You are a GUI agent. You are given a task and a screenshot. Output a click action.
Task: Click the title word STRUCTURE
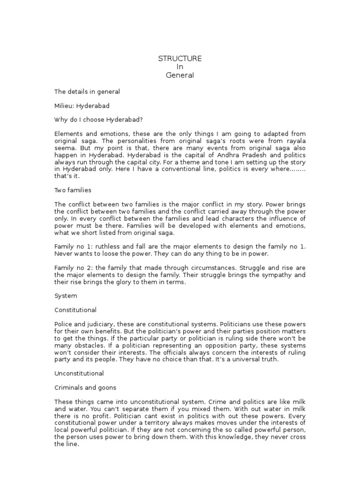click(180, 58)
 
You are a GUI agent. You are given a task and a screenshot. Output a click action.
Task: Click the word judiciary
click(101, 324)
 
